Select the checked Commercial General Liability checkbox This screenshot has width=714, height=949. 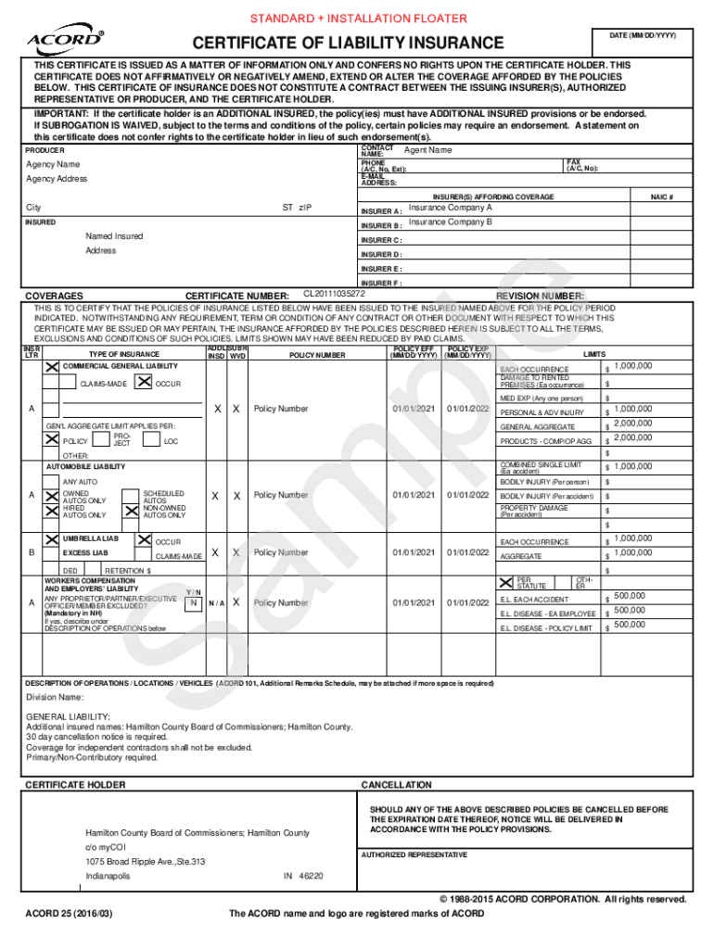click(x=52, y=367)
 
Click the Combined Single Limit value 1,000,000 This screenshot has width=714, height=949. click(x=632, y=466)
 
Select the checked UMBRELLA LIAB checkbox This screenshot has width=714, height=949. click(x=52, y=538)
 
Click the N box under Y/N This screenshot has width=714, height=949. click(x=193, y=602)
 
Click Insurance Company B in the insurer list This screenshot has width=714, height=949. click(x=450, y=222)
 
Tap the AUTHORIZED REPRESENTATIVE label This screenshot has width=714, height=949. click(x=414, y=854)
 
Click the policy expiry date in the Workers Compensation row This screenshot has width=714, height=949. click(x=467, y=602)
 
